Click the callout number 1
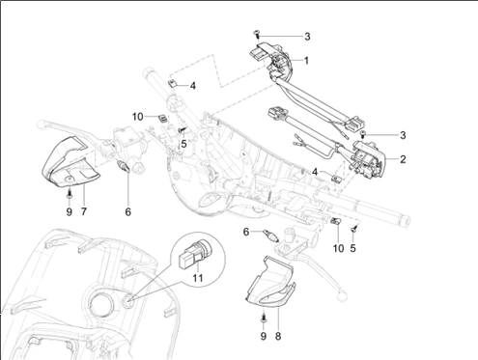tap(306, 60)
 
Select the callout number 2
tap(403, 159)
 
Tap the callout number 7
tap(84, 211)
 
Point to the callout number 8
tap(278, 336)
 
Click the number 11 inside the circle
tap(198, 277)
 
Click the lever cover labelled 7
tap(70, 162)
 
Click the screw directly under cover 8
tap(264, 318)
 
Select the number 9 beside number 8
tap(264, 336)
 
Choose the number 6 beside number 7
tap(128, 211)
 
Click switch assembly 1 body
tap(272, 61)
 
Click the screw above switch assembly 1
tap(257, 33)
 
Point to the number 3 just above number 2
tap(403, 135)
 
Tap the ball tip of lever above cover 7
tap(41, 124)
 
